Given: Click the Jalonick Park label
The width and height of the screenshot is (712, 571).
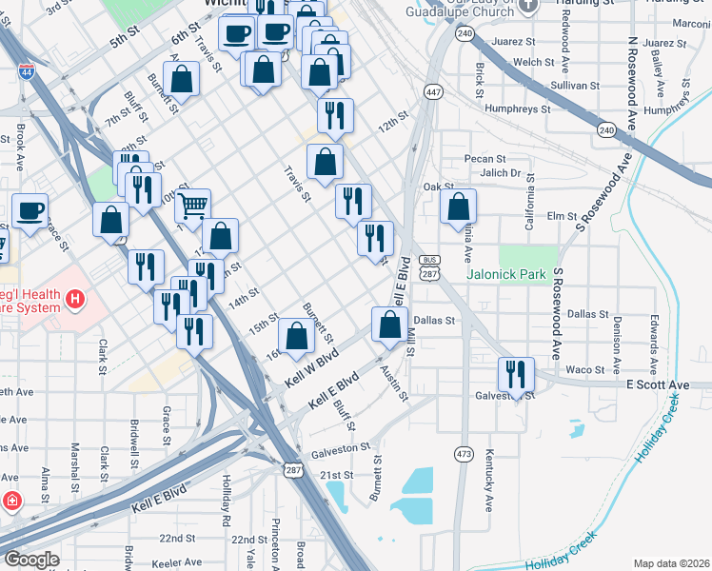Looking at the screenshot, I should coord(506,274).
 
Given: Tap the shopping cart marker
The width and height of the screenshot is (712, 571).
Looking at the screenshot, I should coord(193,205).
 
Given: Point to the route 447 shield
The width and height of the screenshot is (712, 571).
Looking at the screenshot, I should coord(434,92).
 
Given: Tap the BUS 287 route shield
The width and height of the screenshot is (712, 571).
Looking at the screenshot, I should coord(431,266).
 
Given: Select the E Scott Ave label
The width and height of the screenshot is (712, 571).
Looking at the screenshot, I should coord(657,384).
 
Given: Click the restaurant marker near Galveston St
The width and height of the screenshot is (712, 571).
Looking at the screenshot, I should coord(516,373).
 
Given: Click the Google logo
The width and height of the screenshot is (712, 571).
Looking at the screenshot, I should coord(30,559).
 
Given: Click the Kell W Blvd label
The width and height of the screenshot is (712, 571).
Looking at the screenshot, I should coord(311,370).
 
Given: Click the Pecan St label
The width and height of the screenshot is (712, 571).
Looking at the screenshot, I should coord(484,158).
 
